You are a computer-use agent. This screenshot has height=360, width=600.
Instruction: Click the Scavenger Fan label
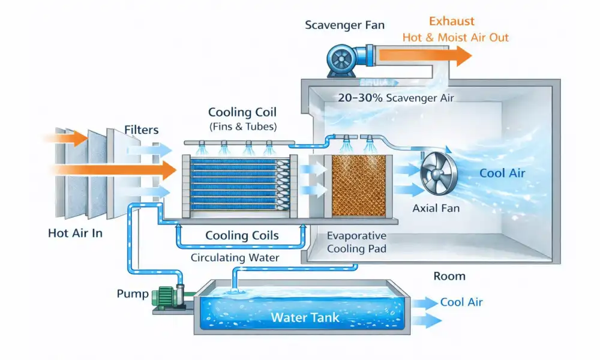(x=346, y=25)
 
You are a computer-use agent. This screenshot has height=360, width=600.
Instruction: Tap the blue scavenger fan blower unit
(x=342, y=59)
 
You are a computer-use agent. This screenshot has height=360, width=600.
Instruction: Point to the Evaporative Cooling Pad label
(x=356, y=242)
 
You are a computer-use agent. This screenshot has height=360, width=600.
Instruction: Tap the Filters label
(x=142, y=130)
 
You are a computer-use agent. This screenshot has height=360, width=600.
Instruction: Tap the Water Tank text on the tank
(x=306, y=317)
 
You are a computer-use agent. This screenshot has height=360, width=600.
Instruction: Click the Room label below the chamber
(x=449, y=276)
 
